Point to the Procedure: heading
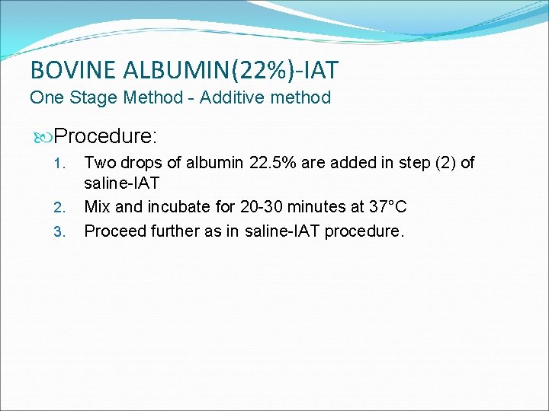point(106,136)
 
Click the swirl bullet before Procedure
point(43,137)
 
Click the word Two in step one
point(99,162)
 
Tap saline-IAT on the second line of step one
point(122,184)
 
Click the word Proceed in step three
point(112,230)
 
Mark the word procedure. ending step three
point(364,230)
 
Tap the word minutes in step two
point(310,207)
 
